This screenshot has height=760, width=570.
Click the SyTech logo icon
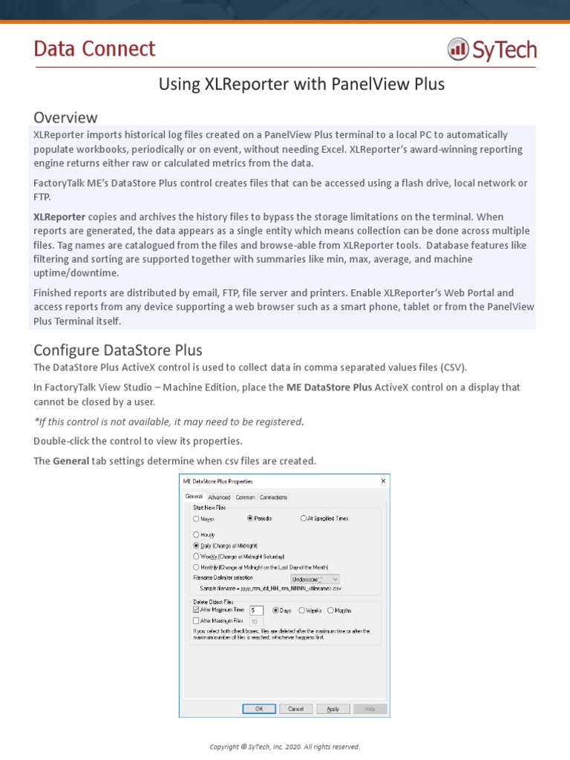(457, 50)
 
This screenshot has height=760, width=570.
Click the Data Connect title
(94, 49)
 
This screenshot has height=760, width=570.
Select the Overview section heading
(65, 117)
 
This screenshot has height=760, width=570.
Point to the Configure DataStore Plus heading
(118, 350)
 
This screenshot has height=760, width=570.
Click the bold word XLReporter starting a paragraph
(59, 217)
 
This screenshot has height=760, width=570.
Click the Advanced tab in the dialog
(219, 497)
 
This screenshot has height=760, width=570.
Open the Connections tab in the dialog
(273, 497)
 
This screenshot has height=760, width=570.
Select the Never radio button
(197, 519)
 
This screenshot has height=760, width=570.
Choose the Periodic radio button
(251, 519)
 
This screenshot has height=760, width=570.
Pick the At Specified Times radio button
(304, 519)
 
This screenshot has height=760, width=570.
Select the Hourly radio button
(197, 534)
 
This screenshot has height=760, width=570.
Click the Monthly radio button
(197, 567)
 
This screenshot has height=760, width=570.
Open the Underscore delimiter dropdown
(315, 578)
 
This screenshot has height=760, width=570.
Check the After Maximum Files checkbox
(197, 620)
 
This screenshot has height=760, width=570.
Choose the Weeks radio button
(302, 611)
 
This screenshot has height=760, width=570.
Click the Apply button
(333, 709)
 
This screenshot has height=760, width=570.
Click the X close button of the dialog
(383, 482)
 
